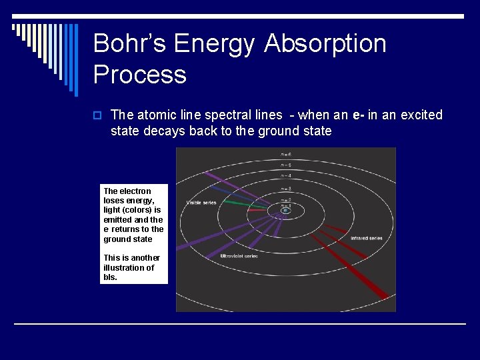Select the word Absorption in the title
tap(325, 44)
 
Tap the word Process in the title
tap(140, 75)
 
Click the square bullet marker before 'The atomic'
tap(97, 115)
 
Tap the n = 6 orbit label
tap(285, 155)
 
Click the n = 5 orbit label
tap(285, 165)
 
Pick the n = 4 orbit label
tap(285, 175)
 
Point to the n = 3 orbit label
tap(285, 189)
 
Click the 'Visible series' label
tap(201, 202)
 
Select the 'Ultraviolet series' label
tap(239, 256)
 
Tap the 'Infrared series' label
tap(366, 237)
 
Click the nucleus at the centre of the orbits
tap(285, 210)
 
